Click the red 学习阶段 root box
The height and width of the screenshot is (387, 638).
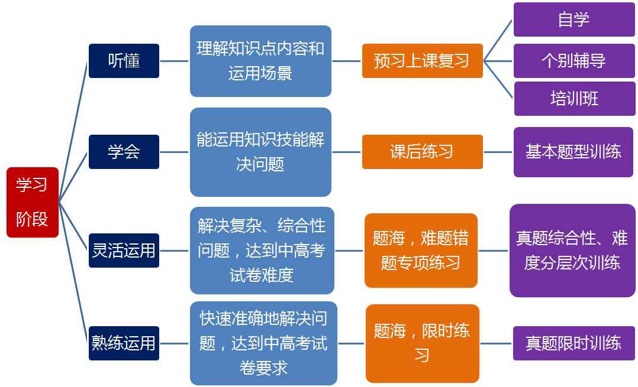click(33, 202)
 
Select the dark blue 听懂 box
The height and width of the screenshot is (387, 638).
click(124, 61)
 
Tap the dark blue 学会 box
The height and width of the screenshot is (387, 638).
click(124, 152)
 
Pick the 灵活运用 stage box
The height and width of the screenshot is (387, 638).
click(124, 251)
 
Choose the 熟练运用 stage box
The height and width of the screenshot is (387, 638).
click(124, 343)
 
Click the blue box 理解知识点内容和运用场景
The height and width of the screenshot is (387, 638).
click(260, 61)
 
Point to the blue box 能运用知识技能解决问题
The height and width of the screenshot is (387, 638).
click(260, 152)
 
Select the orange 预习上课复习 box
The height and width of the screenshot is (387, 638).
click(423, 61)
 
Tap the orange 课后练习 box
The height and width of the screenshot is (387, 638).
click(423, 152)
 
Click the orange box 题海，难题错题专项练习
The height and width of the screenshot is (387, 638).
click(421, 251)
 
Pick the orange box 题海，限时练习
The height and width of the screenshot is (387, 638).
click(423, 343)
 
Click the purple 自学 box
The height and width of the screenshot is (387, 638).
click(574, 19)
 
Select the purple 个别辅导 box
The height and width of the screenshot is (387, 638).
click(574, 61)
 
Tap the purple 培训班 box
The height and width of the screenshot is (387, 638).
click(575, 99)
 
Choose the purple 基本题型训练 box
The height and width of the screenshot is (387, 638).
click(573, 152)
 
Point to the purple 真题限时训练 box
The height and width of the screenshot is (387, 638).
click(573, 343)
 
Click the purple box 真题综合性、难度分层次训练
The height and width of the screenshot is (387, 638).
click(572, 251)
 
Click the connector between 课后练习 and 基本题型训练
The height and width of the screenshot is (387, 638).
click(498, 152)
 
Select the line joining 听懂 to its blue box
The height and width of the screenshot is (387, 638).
click(174, 61)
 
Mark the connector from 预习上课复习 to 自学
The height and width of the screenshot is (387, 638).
click(498, 40)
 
